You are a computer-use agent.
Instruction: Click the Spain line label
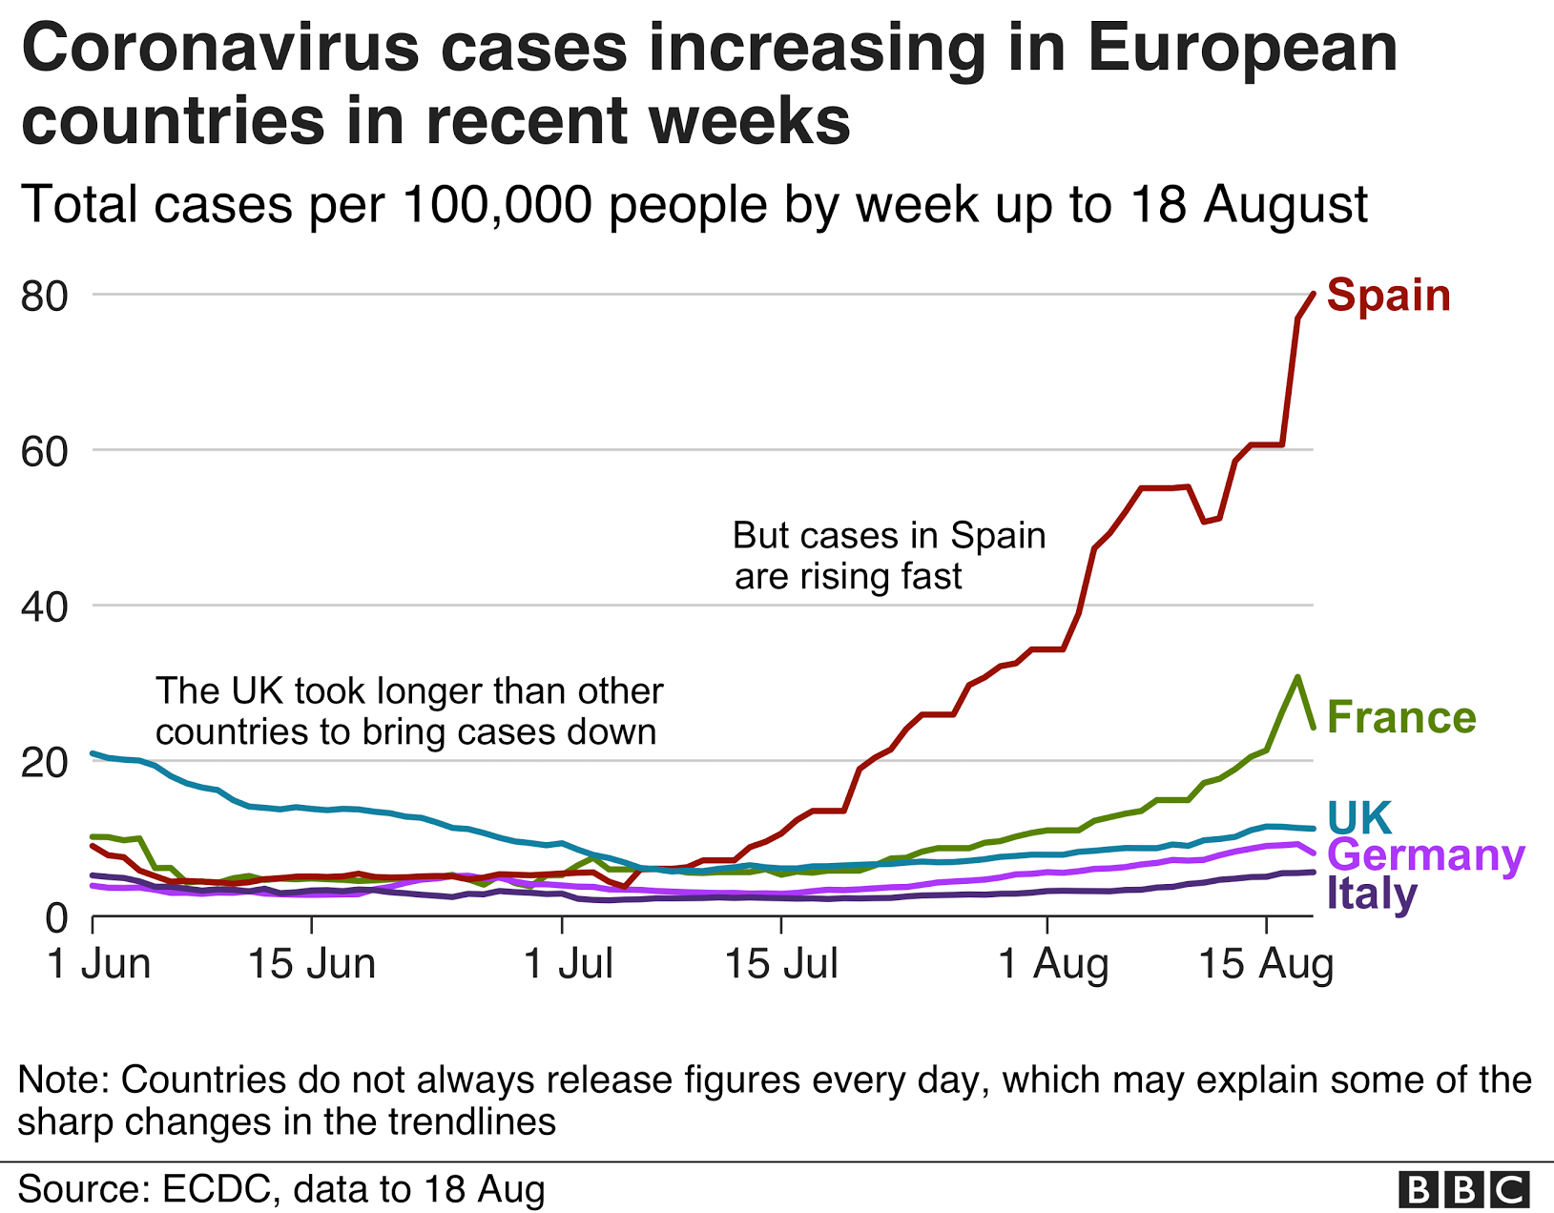point(1388,296)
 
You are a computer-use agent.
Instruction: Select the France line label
point(1400,718)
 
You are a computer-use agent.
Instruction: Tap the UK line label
point(1359,818)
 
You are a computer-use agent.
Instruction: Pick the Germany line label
point(1425,855)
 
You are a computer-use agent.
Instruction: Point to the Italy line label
point(1371,894)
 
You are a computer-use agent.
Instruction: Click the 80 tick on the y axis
point(45,296)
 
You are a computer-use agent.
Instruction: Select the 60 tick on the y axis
point(45,451)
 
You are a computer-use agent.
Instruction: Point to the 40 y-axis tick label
point(45,606)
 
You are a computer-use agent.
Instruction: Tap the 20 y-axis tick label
point(45,762)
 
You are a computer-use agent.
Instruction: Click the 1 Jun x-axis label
point(99,964)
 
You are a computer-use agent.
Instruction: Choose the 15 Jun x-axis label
point(312,964)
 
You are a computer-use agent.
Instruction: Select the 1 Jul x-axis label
point(569,964)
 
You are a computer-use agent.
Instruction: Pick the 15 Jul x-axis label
point(781,964)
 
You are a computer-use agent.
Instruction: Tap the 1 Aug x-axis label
point(1053,964)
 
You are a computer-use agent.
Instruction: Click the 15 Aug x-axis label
point(1266,964)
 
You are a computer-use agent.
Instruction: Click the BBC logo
point(1464,1190)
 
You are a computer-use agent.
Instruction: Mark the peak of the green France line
point(1297,677)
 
